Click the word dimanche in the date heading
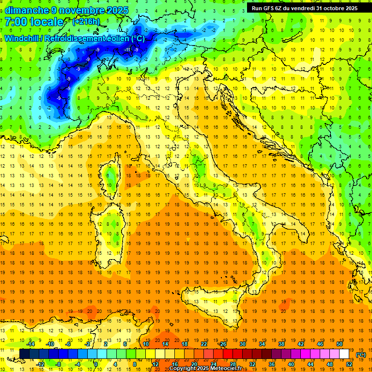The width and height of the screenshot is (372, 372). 26,10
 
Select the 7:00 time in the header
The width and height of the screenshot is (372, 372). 15,22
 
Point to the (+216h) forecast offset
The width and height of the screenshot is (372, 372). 86,22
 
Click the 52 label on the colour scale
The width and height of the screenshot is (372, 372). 349,364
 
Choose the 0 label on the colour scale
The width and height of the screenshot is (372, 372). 96,364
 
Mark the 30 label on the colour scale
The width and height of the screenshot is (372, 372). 242,343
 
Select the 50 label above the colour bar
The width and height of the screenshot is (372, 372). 340,343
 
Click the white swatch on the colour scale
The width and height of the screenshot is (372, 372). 344,354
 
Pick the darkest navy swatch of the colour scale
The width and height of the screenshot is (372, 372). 24,354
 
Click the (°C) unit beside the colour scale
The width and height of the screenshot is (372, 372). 361,355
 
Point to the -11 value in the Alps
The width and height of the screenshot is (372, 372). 127,49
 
